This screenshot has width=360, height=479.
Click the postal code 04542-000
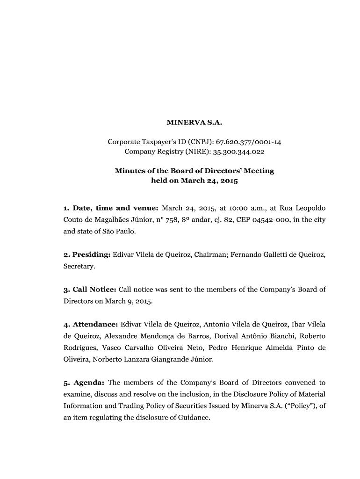point(263,219)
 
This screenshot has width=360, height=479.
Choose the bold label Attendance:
point(91,324)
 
